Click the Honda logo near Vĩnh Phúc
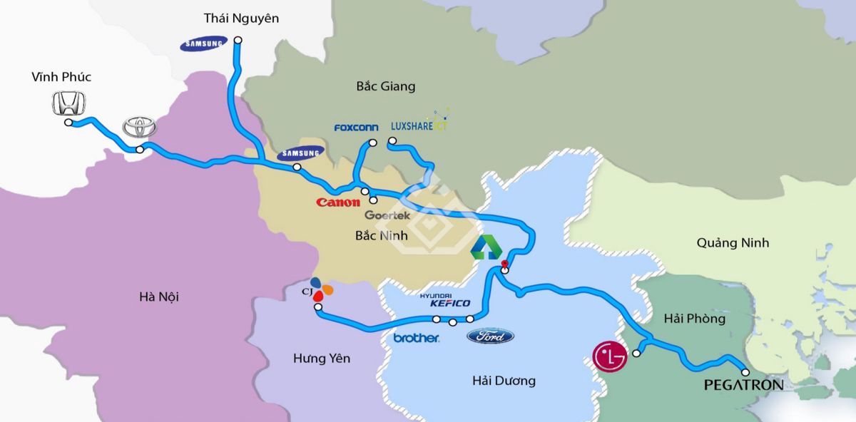tap(69, 104)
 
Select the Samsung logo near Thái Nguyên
tap(204, 44)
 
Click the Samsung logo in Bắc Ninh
tap(300, 153)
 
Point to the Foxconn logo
tap(357, 128)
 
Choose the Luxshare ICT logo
tap(419, 125)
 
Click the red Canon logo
tap(338, 202)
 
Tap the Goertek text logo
tap(387, 215)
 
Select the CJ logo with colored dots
tap(320, 289)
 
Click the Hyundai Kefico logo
tap(445, 300)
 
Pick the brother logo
tap(416, 338)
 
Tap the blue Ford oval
tap(490, 336)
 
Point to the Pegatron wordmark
tap(743, 386)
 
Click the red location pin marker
tap(504, 267)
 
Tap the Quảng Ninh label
tap(733, 243)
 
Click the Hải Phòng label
tap(694, 319)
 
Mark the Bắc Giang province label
tap(385, 86)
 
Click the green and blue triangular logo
tap(486, 248)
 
